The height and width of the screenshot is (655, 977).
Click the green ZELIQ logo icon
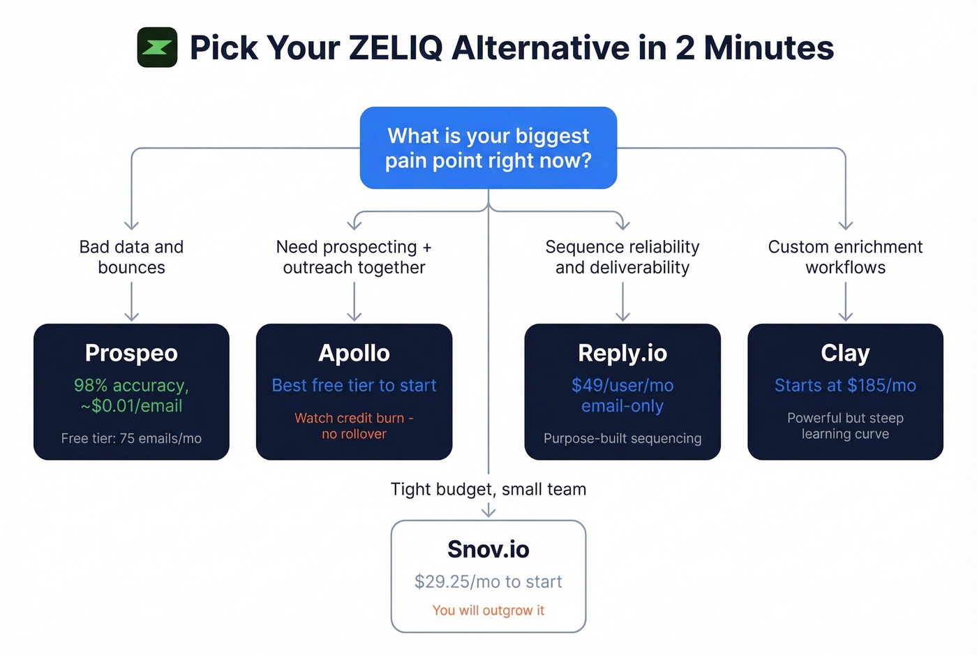tap(157, 47)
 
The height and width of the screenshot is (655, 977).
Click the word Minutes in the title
tap(768, 48)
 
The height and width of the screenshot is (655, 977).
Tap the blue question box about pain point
tap(488, 148)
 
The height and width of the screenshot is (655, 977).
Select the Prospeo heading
tap(131, 353)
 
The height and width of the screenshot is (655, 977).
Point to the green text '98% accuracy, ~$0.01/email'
tap(131, 396)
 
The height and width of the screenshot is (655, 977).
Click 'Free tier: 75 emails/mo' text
tap(131, 439)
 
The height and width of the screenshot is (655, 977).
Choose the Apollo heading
tap(354, 353)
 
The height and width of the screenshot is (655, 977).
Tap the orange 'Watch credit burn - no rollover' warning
tap(354, 426)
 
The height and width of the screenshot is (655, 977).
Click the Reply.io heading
tap(622, 353)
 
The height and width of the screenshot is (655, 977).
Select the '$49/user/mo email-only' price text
tap(622, 396)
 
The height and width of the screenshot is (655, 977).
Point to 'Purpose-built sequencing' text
tap(622, 439)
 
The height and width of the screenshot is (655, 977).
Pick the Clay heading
tap(845, 353)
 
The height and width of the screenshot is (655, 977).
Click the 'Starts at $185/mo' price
tap(845, 386)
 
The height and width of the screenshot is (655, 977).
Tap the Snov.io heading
tap(488, 550)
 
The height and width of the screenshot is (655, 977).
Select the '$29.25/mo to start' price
tap(488, 582)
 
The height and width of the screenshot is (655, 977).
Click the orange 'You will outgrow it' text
tap(488, 610)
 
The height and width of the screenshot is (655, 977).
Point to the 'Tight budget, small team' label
tap(488, 489)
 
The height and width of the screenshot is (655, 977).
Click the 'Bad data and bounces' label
tap(131, 257)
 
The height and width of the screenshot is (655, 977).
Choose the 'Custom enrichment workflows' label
tap(845, 257)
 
